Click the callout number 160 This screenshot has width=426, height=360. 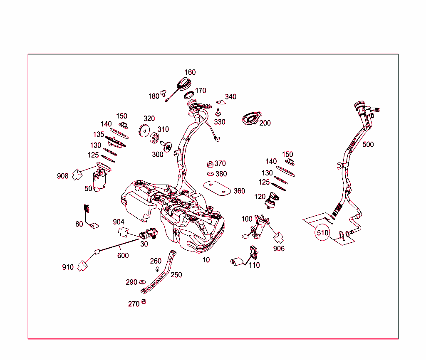(190, 72)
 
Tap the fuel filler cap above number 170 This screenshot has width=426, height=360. (184, 83)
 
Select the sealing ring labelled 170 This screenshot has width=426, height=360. (189, 95)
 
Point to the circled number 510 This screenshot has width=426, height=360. (322, 233)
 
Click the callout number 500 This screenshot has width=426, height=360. (368, 144)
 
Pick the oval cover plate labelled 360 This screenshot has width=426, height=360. (217, 188)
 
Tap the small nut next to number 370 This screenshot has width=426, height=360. (210, 164)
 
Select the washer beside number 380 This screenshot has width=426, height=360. (211, 174)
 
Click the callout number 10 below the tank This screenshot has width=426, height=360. (206, 260)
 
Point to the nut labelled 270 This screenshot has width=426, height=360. (144, 301)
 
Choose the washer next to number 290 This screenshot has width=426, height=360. (142, 282)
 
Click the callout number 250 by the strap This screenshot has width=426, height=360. (176, 275)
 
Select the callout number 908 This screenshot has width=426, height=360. (62, 176)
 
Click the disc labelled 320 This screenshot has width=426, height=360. (144, 131)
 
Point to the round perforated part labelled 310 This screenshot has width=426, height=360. (154, 138)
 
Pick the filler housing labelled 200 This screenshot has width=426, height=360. (252, 118)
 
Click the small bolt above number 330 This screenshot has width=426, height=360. (218, 112)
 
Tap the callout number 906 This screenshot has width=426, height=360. (279, 249)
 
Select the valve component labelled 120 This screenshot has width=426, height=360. (272, 200)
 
